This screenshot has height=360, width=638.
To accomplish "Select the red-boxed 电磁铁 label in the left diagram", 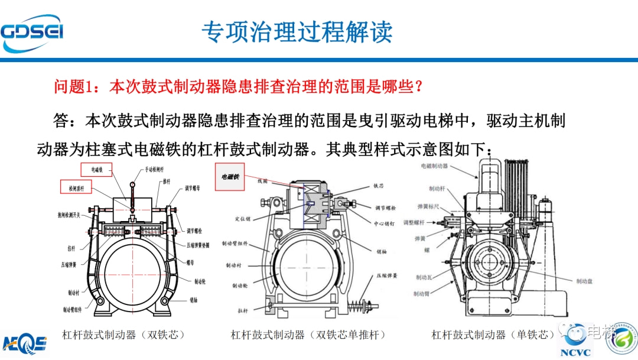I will point(97,170).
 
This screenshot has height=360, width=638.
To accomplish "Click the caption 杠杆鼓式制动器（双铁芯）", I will point(123,335).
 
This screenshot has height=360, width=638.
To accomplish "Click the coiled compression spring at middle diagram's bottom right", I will point(362,308).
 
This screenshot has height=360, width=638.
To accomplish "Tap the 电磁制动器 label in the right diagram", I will point(434,167).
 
